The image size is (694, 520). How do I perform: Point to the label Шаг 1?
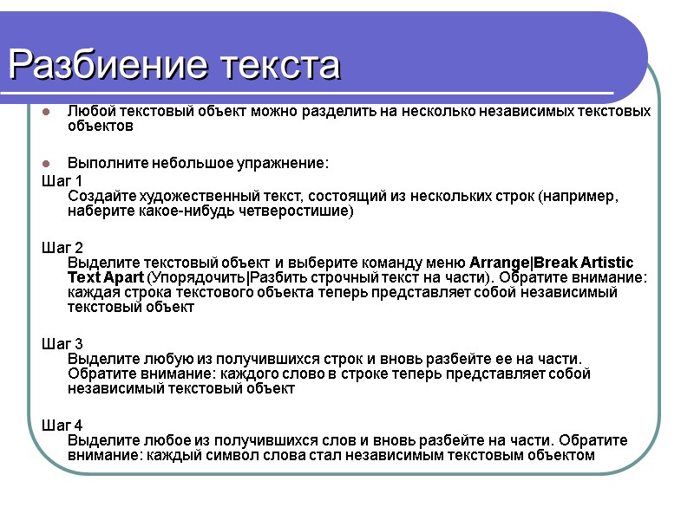62,180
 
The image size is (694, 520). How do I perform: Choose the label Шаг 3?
62,344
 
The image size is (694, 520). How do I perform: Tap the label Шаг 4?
62,426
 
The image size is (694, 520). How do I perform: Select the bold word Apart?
124,277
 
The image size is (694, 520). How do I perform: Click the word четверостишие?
297,211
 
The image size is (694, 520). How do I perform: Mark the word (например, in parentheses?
579,196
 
